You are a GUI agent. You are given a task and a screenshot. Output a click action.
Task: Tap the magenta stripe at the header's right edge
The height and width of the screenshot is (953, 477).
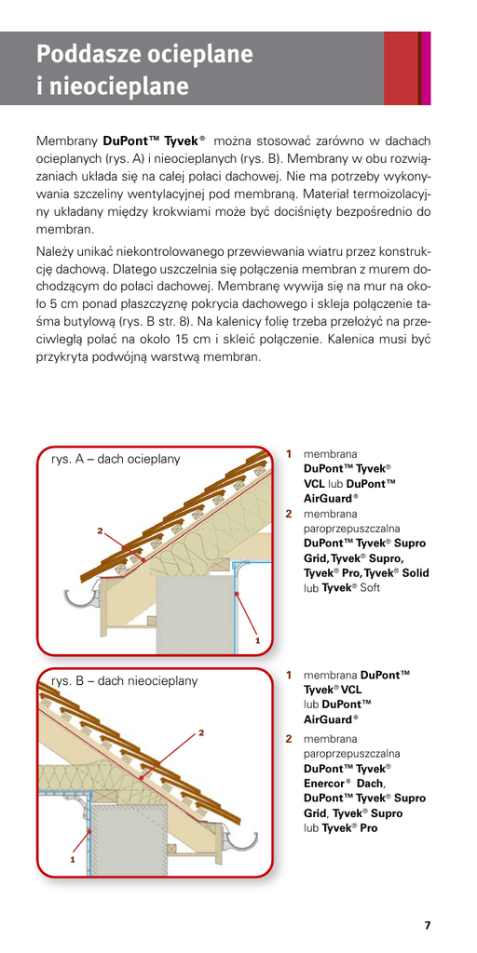tap(426, 68)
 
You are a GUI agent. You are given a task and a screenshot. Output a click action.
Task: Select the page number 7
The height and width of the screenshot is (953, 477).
tap(427, 926)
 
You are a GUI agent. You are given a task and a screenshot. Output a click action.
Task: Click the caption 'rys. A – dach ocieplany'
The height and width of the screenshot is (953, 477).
tap(116, 460)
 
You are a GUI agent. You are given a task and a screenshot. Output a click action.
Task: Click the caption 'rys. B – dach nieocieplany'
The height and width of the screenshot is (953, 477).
tap(125, 680)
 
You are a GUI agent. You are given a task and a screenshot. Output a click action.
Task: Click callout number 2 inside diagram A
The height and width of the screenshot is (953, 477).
tap(101, 530)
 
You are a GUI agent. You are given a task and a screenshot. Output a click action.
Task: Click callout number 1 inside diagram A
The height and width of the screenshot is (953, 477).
tap(257, 640)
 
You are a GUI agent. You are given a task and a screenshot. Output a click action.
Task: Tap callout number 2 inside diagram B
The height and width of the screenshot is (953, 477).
tap(201, 732)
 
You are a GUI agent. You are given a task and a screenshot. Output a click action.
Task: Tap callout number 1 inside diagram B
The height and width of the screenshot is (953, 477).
tap(73, 859)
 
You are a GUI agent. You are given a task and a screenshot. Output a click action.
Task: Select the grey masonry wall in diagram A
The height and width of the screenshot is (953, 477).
tap(194, 614)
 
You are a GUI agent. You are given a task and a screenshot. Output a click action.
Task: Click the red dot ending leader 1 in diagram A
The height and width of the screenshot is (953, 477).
tap(237, 593)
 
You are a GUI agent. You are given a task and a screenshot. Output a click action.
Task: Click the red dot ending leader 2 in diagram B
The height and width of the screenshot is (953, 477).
tap(142, 777)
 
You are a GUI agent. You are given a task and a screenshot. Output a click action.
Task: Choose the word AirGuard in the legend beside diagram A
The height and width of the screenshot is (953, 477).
tap(327, 498)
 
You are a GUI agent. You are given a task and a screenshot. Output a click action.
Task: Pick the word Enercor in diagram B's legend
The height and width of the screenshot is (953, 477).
tap(323, 783)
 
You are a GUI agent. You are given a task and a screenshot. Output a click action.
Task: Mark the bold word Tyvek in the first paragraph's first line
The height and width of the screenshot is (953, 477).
tap(181, 141)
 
